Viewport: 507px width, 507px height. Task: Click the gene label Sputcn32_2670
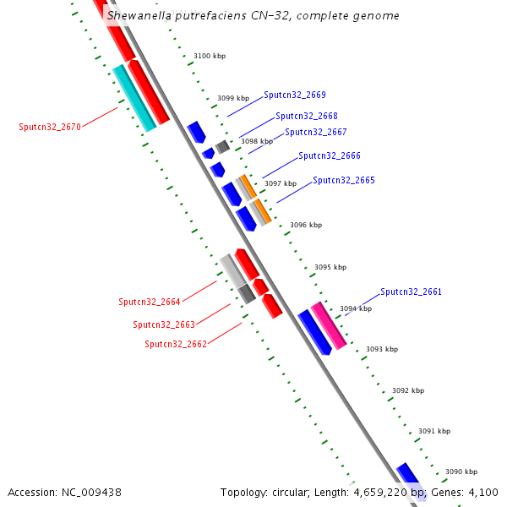pyautogui.click(x=50, y=128)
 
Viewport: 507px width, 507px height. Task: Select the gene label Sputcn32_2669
pyautogui.click(x=294, y=95)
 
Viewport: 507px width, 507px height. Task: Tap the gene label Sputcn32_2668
pyautogui.click(x=306, y=117)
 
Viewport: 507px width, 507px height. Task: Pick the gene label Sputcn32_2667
pyautogui.click(x=315, y=133)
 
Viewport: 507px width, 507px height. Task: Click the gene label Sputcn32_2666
pyautogui.click(x=329, y=156)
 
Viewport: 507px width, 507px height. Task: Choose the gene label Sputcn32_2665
pyautogui.click(x=343, y=181)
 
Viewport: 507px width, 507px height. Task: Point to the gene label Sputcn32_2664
pyautogui.click(x=150, y=302)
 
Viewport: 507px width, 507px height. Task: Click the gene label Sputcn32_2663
pyautogui.click(x=164, y=324)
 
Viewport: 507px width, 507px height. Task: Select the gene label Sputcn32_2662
pyautogui.click(x=176, y=345)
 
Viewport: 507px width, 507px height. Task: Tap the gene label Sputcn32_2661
pyautogui.click(x=411, y=292)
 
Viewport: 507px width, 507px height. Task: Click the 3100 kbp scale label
pyautogui.click(x=210, y=57)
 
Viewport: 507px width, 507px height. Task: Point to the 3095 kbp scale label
pyautogui.click(x=330, y=267)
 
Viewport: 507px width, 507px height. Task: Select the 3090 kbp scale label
pyautogui.click(x=461, y=472)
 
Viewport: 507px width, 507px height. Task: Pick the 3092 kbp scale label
pyautogui.click(x=408, y=390)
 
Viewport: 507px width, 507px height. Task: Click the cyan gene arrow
pyautogui.click(x=134, y=98)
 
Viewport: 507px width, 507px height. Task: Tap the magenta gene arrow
pyautogui.click(x=329, y=325)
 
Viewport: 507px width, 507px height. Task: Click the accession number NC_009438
pyautogui.click(x=90, y=493)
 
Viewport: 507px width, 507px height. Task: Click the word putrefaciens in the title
pyautogui.click(x=210, y=16)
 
